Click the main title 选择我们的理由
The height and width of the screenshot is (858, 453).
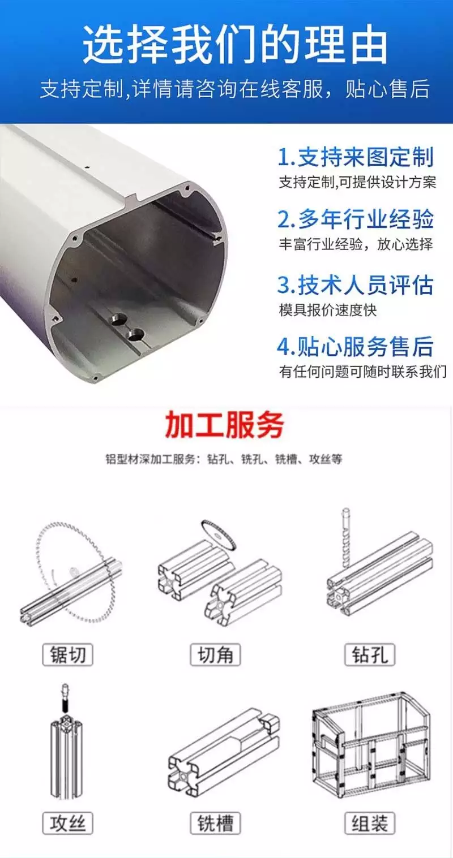[x=235, y=45]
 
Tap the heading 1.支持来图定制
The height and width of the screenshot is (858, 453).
[x=356, y=157]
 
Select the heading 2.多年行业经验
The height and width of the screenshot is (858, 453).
[x=356, y=219]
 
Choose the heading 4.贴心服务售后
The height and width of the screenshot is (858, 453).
[x=356, y=346]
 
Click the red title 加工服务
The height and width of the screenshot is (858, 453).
[x=225, y=425]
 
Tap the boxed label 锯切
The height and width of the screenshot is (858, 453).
[x=67, y=654]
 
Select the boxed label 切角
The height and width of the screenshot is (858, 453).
[x=215, y=654]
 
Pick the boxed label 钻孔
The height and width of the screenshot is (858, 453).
[x=370, y=654]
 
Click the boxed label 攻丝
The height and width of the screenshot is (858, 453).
[x=67, y=823]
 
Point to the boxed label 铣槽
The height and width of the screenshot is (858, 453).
[x=215, y=823]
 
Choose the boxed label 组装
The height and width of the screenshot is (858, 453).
[x=370, y=823]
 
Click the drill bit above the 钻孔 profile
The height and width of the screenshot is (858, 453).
[x=345, y=536]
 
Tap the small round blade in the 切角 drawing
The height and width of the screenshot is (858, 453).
[x=219, y=534]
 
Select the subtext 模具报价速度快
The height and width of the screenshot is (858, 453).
[x=327, y=310]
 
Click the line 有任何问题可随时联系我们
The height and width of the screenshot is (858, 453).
[x=362, y=371]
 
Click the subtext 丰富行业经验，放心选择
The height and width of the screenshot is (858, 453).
[x=356, y=244]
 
